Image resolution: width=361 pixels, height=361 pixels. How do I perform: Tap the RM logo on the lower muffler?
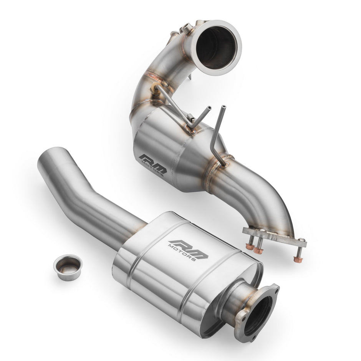click(x=188, y=248)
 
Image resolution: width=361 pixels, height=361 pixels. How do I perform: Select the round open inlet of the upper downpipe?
click(x=216, y=47)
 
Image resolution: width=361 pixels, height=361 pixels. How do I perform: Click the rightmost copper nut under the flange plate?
click(x=298, y=259)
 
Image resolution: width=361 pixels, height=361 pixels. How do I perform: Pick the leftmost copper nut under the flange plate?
click(x=250, y=246)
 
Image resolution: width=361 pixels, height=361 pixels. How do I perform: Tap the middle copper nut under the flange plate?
click(x=259, y=250)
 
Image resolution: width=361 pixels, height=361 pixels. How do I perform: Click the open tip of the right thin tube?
click(x=223, y=108)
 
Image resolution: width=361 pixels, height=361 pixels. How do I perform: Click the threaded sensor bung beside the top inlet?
click(x=187, y=28)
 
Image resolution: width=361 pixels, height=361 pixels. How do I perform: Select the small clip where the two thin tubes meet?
click(x=191, y=125)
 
